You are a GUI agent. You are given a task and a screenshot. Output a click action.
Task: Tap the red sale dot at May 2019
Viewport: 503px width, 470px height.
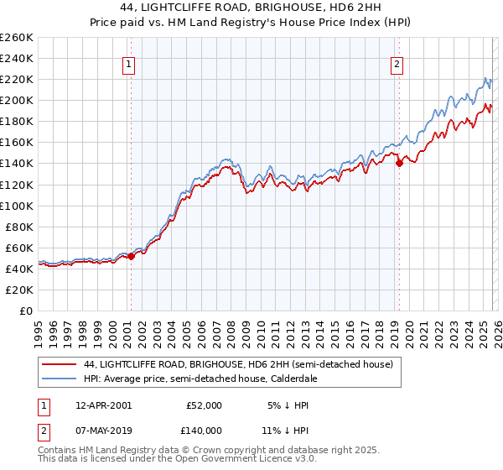coord(399,164)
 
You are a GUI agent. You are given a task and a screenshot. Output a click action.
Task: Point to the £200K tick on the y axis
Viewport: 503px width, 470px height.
coord(17,100)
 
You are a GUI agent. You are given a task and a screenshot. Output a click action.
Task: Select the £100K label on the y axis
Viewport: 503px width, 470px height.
coord(17,206)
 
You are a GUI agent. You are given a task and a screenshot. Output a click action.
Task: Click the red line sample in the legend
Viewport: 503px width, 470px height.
coord(59,364)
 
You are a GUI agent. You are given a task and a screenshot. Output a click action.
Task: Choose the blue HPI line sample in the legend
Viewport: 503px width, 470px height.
coord(59,379)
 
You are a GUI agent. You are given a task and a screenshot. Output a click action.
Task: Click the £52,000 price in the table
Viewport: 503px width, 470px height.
coord(205,405)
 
